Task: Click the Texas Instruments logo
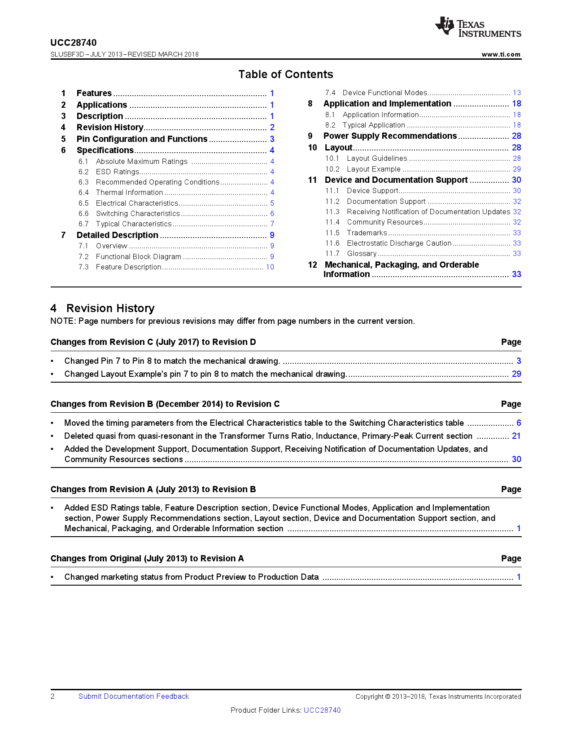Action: [x=478, y=27]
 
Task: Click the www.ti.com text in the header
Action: [x=501, y=54]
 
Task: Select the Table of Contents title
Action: [x=286, y=75]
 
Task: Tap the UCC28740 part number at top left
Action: [x=74, y=43]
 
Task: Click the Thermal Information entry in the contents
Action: [x=129, y=193]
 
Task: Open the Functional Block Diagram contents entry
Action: [x=138, y=257]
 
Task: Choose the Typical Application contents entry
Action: [x=374, y=125]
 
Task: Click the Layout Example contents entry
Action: [x=373, y=169]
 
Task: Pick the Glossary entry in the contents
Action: [x=362, y=254]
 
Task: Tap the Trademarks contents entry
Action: [x=367, y=233]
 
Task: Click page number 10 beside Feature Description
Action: [x=270, y=267]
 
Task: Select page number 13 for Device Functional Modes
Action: [x=517, y=93]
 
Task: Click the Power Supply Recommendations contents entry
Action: [x=390, y=136]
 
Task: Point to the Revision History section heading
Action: [x=110, y=309]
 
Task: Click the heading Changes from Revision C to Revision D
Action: [x=153, y=342]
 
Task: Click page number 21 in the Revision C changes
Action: [x=516, y=436]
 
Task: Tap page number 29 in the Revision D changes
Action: [x=517, y=374]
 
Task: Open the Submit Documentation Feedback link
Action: [x=134, y=697]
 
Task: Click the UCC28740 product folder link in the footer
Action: [x=322, y=710]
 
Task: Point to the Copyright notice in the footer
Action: [x=438, y=697]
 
